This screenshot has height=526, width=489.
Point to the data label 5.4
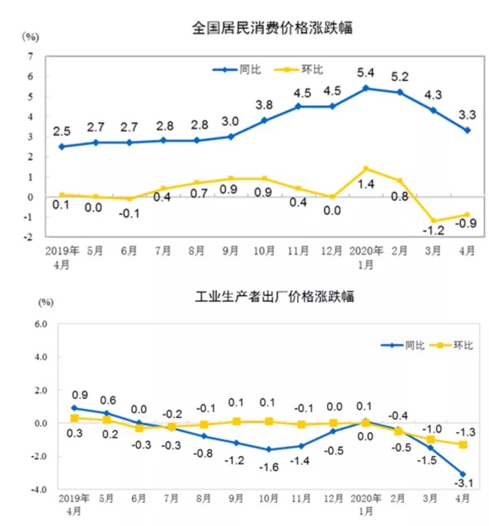pos(365,73)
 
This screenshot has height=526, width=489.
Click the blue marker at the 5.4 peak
pos(365,88)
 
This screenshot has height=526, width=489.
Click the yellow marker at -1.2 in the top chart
pos(434,221)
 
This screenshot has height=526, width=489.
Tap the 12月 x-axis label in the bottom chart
pos(333,500)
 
